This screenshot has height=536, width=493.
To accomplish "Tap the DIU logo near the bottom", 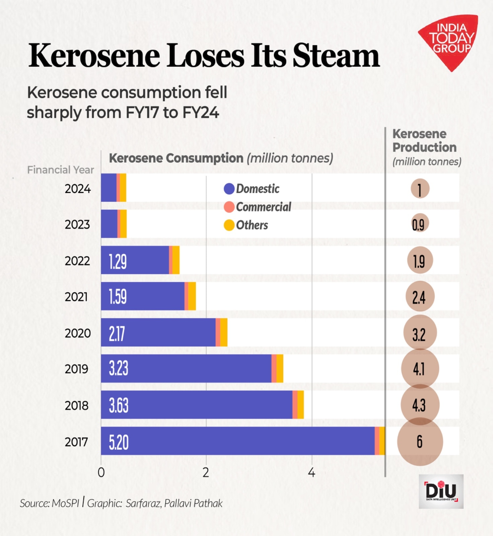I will click(x=441, y=491).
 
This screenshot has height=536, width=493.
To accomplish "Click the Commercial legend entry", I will click(x=258, y=207).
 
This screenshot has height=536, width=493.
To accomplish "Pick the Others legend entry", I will click(x=246, y=225).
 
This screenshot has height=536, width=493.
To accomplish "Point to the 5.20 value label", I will click(x=119, y=442).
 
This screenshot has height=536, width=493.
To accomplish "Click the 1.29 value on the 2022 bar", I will click(x=118, y=261).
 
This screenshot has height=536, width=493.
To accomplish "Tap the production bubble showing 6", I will click(x=420, y=442).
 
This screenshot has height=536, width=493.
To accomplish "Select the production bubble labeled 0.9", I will click(x=419, y=224).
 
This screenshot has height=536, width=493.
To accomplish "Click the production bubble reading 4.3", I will click(x=419, y=405).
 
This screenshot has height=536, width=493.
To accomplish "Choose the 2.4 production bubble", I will click(x=419, y=297).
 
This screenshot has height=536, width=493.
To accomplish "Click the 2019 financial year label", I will click(x=77, y=369).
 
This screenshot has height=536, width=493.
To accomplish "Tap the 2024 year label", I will click(x=78, y=189).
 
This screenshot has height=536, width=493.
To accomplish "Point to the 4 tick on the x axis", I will click(x=311, y=473).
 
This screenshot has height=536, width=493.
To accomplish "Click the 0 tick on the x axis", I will click(x=101, y=473).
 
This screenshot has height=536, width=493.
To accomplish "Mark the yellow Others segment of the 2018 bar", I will click(x=300, y=405).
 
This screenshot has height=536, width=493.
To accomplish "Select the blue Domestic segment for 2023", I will click(x=109, y=224).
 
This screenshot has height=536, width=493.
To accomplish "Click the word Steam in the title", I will click(x=336, y=56).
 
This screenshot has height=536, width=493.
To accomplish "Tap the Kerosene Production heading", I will click(x=424, y=141).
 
